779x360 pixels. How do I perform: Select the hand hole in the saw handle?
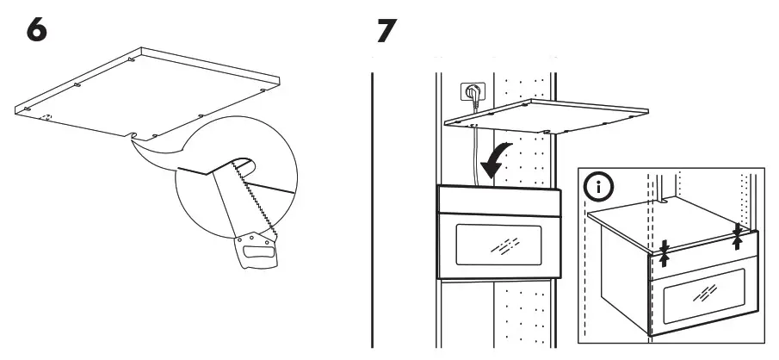click(x=256, y=253)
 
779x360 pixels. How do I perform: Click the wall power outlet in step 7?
click(x=472, y=90)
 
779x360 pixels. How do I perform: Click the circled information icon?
click(x=597, y=187)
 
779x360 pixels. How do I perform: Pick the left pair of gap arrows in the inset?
click(x=665, y=253)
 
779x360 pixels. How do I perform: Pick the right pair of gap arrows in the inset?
click(x=738, y=235)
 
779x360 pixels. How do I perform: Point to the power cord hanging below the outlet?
click(x=474, y=155)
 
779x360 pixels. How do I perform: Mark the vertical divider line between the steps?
click(x=372, y=207)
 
